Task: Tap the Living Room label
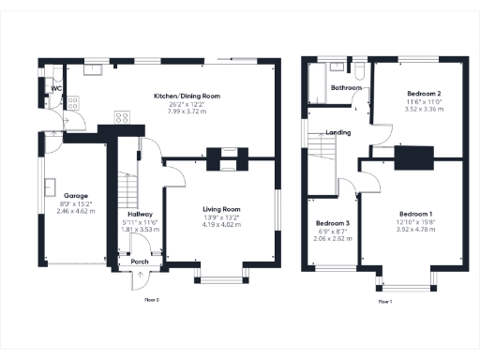pos(222,210)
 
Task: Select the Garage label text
pos(63,196)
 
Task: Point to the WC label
pos(57,88)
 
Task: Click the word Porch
pos(140,262)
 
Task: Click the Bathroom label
pos(346,88)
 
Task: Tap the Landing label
pos(338,133)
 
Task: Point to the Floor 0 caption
pos(151,301)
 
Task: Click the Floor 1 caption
pos(384,302)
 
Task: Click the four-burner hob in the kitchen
pos(121,117)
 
